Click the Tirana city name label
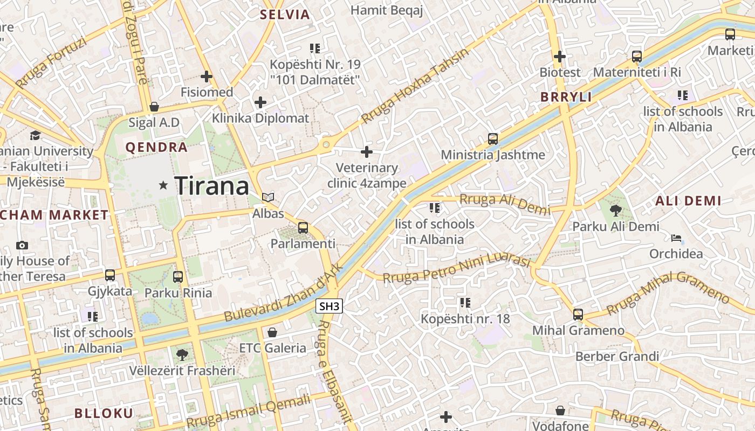pos(211,186)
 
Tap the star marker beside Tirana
pos(163,185)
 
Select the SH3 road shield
pos(329,307)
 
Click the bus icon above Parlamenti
pos(303,227)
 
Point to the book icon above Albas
pos(268,198)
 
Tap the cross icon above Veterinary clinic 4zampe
pos(367,152)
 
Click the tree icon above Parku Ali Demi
pos(615,211)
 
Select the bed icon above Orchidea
pos(676,238)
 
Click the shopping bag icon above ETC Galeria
pos(272,332)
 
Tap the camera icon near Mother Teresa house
pos(22,245)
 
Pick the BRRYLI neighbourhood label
pos(566,97)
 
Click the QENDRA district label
pos(156,147)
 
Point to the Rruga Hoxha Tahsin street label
pos(415,85)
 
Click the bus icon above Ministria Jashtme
pos(492,138)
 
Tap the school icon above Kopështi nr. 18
pos(465,303)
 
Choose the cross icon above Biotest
pos(560,56)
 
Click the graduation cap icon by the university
pos(35,135)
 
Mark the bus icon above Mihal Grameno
pos(578,314)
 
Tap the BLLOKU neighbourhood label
pos(104,413)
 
